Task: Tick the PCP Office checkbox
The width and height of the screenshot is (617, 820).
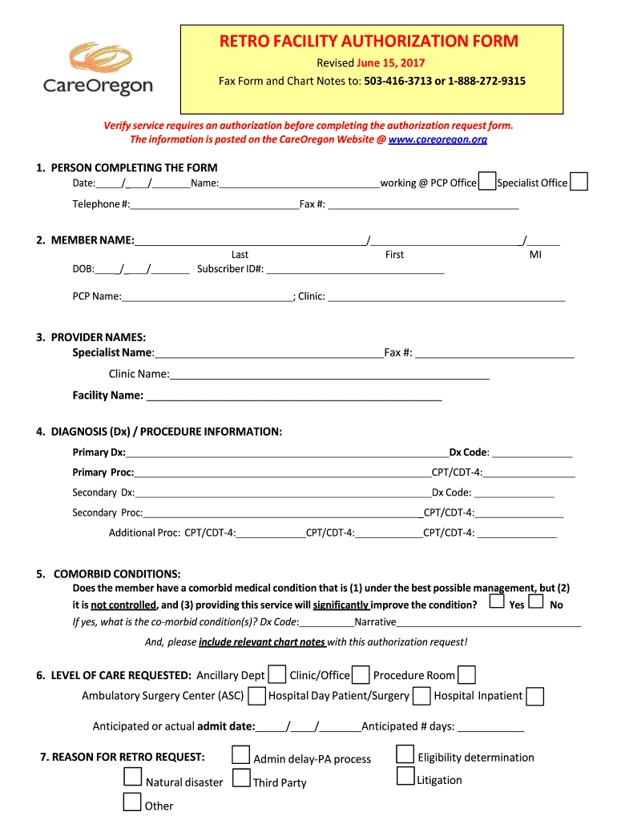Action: (x=486, y=182)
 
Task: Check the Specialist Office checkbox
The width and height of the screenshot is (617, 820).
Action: (x=579, y=182)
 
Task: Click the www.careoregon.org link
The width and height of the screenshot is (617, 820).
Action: (x=438, y=139)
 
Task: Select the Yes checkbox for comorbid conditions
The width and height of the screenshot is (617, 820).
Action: (x=498, y=601)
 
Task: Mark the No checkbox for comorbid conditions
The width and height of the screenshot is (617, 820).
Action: (x=537, y=601)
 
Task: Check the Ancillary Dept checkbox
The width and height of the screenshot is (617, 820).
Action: (x=277, y=674)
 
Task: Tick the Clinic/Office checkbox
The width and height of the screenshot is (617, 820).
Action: (x=361, y=674)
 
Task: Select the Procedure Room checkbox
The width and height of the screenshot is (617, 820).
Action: (x=466, y=674)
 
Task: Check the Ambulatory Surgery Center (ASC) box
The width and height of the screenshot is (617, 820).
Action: (x=257, y=696)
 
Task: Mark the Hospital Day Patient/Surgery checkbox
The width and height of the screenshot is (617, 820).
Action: (x=421, y=696)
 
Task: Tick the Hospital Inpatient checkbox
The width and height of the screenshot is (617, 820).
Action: (x=535, y=696)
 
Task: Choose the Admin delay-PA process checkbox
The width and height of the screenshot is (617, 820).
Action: (x=240, y=755)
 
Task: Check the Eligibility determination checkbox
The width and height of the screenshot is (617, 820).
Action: (x=405, y=754)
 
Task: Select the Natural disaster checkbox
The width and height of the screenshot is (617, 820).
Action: (x=133, y=777)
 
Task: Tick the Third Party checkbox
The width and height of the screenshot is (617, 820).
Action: (x=240, y=778)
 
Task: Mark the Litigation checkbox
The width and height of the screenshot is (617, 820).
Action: (x=405, y=776)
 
